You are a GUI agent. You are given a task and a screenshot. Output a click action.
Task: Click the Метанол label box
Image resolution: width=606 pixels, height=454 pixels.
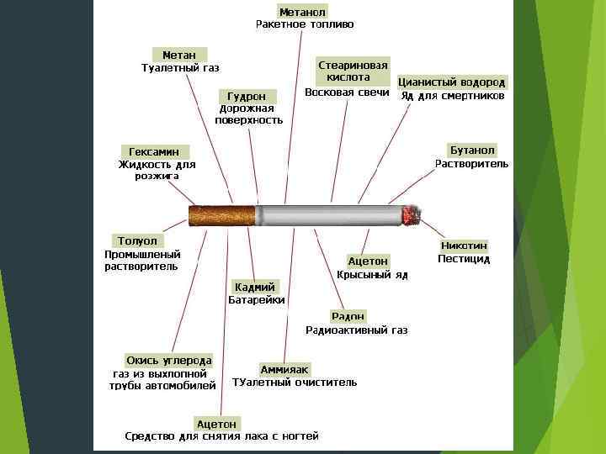[302, 11]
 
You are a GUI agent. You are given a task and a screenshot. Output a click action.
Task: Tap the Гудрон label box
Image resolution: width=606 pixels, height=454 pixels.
[242, 96]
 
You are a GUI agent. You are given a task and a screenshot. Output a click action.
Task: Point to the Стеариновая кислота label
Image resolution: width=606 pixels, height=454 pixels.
[353, 71]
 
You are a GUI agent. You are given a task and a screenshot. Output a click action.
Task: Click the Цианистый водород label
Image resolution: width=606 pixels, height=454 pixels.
[452, 82]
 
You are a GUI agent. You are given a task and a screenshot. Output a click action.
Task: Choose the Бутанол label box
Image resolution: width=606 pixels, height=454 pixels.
[472, 149]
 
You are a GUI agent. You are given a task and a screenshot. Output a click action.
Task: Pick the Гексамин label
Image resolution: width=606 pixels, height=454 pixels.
[153, 151]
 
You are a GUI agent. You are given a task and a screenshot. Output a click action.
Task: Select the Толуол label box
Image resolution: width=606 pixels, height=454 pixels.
[137, 240]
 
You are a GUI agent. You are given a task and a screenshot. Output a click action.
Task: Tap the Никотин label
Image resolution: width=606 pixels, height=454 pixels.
[464, 245]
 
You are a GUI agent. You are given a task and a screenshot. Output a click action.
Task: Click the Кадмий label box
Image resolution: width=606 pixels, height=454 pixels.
[255, 287]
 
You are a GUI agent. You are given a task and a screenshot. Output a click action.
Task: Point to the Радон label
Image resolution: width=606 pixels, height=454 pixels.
[348, 316]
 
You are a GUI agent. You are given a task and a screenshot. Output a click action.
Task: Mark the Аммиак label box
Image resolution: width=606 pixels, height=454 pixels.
[284, 369]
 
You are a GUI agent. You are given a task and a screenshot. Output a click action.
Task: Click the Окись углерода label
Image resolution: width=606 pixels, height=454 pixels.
[168, 360]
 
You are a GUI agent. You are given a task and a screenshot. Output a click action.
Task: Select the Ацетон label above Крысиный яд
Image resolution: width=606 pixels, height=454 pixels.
[368, 261]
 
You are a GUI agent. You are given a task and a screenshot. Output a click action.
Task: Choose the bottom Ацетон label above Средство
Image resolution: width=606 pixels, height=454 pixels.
[216, 423]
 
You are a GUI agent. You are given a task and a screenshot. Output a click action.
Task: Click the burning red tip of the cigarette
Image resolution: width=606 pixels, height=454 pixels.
[412, 215]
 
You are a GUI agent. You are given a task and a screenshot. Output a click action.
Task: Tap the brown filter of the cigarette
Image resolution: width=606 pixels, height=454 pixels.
[221, 216]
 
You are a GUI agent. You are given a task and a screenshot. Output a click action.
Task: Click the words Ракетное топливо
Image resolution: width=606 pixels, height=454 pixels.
[305, 24]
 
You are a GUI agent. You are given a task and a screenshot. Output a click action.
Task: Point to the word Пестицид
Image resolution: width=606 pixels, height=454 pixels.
[464, 259]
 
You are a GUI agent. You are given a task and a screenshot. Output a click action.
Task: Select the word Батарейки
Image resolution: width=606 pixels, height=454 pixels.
[257, 299]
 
